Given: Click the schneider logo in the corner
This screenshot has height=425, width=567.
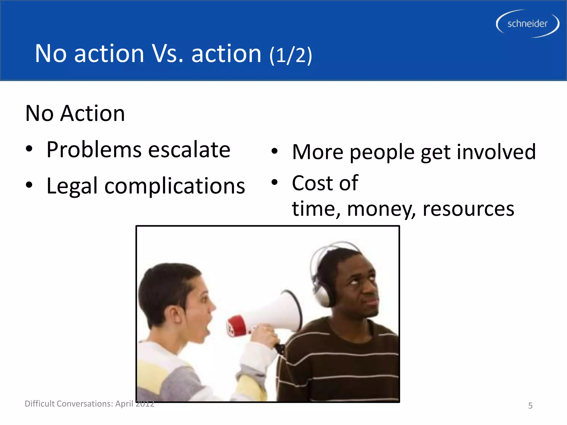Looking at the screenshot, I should click(527, 24).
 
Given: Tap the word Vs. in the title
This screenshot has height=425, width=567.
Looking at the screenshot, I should click(167, 54).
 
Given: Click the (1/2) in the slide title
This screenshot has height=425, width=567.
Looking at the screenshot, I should click(291, 55).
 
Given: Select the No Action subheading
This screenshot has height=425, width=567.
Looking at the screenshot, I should click(75, 113).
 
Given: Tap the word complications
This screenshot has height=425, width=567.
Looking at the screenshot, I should click(174, 186).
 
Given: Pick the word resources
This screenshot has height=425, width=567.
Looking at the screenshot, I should click(468, 209).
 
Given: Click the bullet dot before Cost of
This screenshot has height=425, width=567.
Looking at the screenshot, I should click(274, 182).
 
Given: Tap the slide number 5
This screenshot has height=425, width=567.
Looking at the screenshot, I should click(530, 406).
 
